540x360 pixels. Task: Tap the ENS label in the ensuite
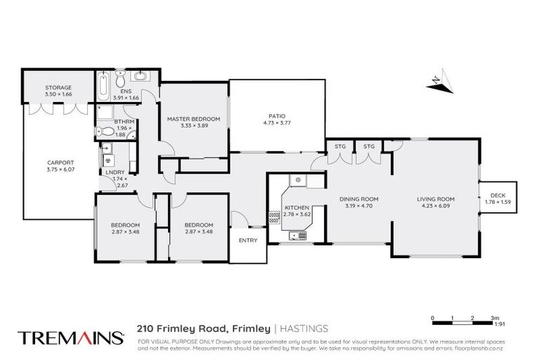(x=127, y=91)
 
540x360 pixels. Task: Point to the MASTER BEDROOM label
(x=193, y=119)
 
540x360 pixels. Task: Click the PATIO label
(x=276, y=117)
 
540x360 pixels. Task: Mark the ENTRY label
(x=247, y=240)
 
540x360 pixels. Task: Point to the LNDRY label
(x=114, y=172)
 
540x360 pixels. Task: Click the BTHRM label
(x=123, y=122)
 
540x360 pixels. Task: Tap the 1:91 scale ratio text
(x=501, y=324)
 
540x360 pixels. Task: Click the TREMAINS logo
(x=68, y=337)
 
